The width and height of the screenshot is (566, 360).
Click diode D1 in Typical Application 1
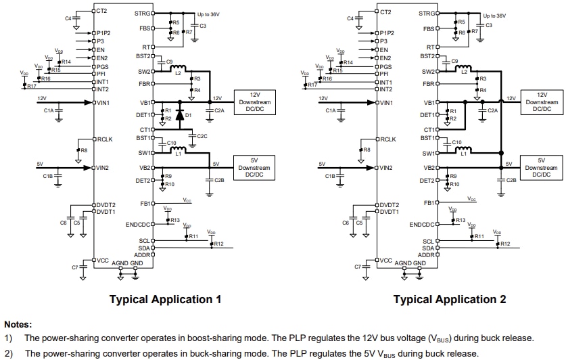coord(181,114)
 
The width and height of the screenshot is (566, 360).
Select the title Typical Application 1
coord(165,299)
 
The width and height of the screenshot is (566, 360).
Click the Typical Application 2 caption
coord(450,299)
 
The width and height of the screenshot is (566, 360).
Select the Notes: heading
coord(18,324)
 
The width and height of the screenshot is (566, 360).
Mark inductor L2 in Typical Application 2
coord(463,69)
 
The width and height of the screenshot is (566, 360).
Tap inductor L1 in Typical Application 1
coord(179,152)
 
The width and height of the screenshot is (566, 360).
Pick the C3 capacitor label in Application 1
coord(203,26)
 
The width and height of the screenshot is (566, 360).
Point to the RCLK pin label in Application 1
coord(105,139)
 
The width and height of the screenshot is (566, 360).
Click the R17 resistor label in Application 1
coord(31,86)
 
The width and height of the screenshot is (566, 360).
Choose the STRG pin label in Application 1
coord(143,13)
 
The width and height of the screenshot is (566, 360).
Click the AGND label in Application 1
coord(120,263)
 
